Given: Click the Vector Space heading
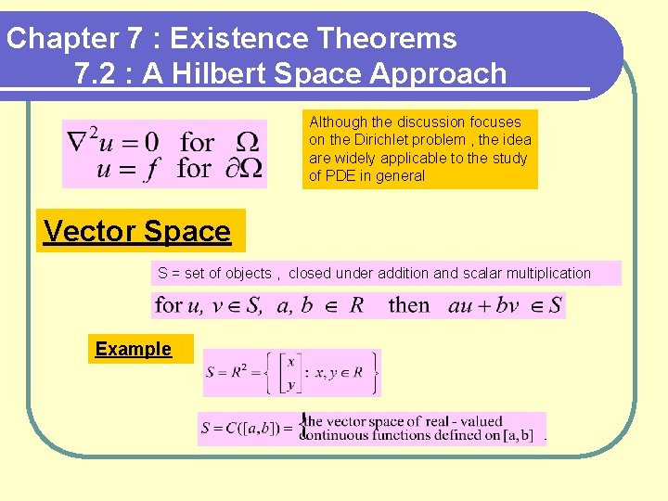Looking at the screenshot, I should pos(137,231).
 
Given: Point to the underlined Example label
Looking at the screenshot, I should pos(134,349).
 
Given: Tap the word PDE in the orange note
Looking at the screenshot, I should pos(344,175).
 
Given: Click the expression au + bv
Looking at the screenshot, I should pos(483,305).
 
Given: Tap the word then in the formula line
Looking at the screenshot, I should pos(409,305).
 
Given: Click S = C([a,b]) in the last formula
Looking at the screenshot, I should pos(246,430).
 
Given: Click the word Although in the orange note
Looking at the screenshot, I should pos(338,122).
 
